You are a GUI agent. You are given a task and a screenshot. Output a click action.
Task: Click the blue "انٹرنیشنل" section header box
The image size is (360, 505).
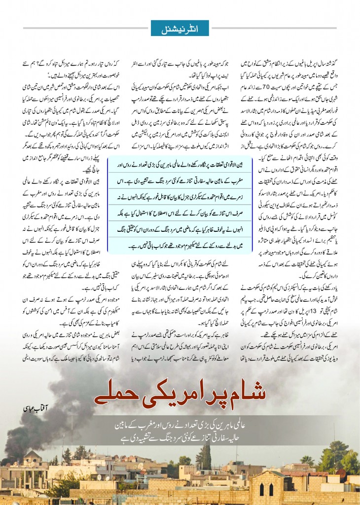point(180,28)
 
